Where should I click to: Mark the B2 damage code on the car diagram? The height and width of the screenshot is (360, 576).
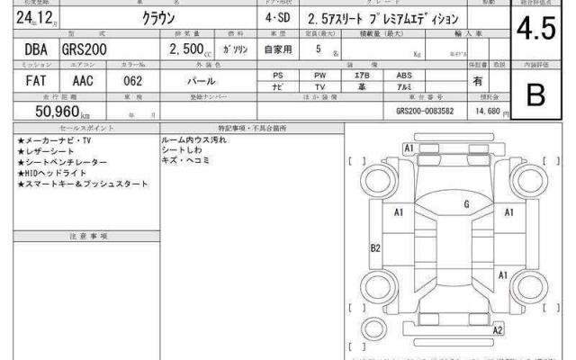click(376, 247)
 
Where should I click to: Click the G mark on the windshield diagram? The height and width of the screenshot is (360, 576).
click(466, 205)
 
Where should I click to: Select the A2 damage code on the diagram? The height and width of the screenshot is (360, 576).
click(497, 330)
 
